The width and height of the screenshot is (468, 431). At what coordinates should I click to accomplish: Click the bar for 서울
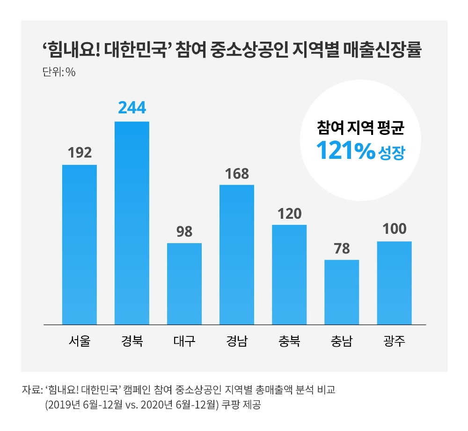[79, 244]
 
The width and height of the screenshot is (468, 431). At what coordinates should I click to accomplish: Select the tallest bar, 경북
[132, 223]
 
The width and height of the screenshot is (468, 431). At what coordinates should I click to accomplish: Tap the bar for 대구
[184, 283]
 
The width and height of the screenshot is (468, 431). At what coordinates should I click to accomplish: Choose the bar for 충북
[289, 274]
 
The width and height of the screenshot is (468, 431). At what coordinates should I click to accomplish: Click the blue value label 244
[132, 108]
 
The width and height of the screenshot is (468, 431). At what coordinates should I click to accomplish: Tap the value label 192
[79, 152]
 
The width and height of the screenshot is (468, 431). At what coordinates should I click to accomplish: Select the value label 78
[342, 248]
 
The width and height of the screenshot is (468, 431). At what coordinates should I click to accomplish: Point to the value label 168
[236, 173]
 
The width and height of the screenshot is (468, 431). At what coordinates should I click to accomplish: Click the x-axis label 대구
[184, 341]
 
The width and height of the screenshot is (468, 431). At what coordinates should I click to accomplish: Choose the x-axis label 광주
[394, 341]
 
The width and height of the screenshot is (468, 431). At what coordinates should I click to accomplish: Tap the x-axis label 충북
[289, 341]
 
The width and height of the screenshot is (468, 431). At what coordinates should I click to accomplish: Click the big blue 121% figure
[345, 150]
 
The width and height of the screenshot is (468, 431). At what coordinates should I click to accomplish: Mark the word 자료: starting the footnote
[31, 390]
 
